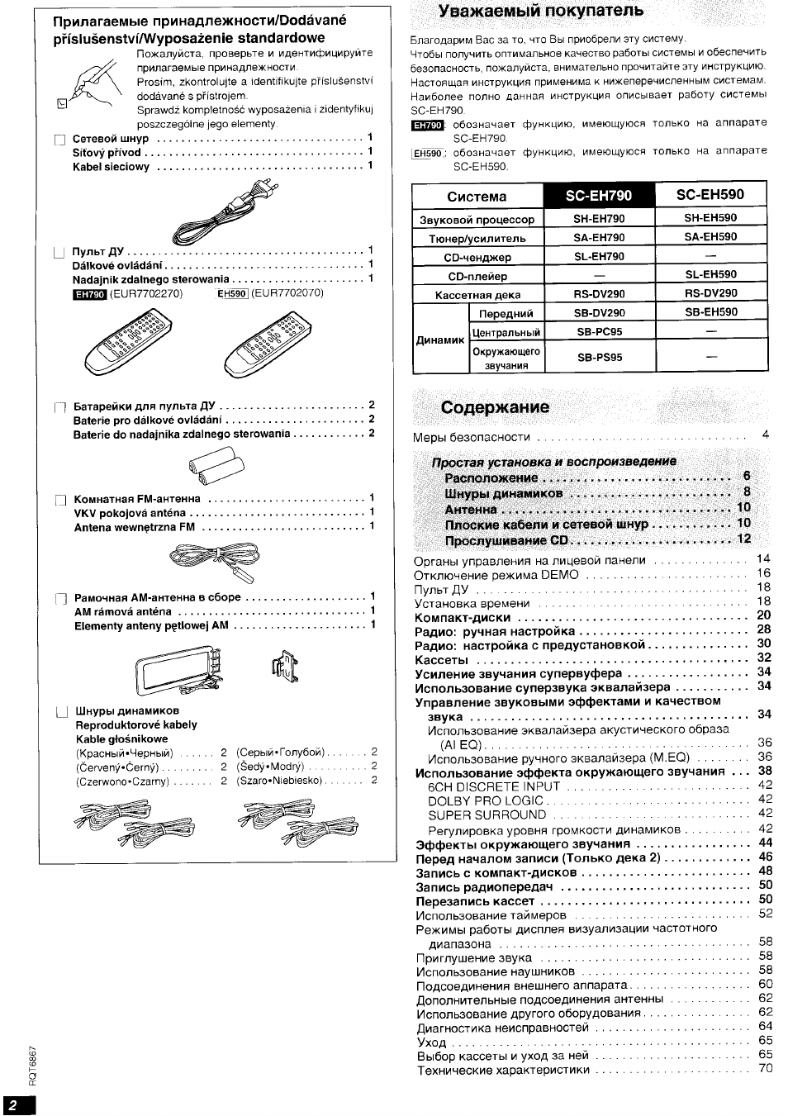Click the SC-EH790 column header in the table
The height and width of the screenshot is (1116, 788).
click(599, 196)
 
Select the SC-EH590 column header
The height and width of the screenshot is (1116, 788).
click(710, 195)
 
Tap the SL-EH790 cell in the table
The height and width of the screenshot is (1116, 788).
click(599, 257)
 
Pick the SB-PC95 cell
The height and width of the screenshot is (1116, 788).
click(599, 332)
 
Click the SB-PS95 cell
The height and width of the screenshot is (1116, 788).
click(599, 358)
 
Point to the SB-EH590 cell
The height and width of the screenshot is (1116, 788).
click(710, 313)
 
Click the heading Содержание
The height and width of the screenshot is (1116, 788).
click(495, 408)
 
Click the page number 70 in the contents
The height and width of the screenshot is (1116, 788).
click(765, 1070)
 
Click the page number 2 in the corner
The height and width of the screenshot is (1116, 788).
click(12, 1105)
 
